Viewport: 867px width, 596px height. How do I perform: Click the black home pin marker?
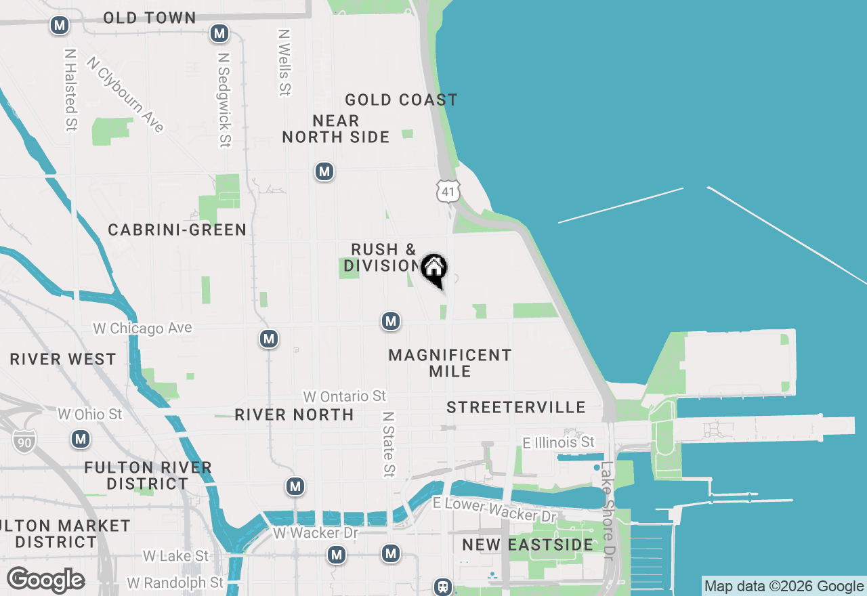[x=433, y=270]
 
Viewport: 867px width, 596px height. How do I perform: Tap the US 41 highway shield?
[x=448, y=191]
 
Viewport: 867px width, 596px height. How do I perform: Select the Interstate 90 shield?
[x=24, y=441]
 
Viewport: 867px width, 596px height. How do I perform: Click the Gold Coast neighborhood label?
[x=401, y=100]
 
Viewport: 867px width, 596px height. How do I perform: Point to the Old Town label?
[x=150, y=18]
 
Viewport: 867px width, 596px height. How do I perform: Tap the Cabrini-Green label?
[x=177, y=230]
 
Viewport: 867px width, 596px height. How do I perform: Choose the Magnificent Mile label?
[x=450, y=363]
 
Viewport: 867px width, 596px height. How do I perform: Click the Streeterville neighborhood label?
[x=516, y=407]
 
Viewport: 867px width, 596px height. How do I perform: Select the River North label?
[x=294, y=414]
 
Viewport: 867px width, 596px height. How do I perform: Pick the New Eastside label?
[x=528, y=545]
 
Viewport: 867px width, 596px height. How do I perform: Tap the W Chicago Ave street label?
[x=142, y=328]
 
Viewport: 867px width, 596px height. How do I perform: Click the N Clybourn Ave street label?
[x=126, y=94]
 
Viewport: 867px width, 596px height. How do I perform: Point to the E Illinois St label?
[x=558, y=442]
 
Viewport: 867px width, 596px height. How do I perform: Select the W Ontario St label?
[x=344, y=396]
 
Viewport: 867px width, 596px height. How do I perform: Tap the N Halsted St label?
[x=70, y=89]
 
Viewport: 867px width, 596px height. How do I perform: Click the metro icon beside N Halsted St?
[x=60, y=26]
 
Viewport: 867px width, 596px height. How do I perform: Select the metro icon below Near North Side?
[x=324, y=171]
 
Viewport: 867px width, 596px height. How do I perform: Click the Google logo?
[x=45, y=580]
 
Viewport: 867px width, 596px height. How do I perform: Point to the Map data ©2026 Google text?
[x=784, y=587]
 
